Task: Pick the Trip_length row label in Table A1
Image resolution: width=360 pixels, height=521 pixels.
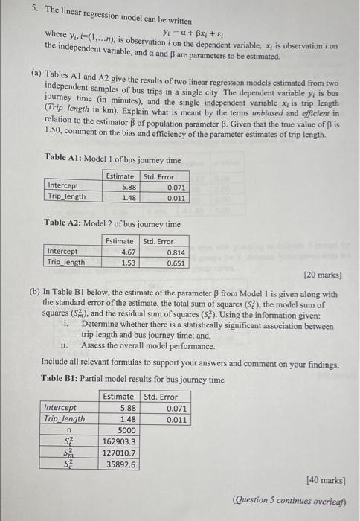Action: pyautogui.click(x=66, y=197)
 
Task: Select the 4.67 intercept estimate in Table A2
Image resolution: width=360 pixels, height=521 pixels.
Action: pyautogui.click(x=126, y=252)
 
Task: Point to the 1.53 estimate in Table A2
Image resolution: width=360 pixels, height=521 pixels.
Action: pyautogui.click(x=126, y=262)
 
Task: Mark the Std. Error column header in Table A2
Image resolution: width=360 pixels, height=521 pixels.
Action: pyautogui.click(x=158, y=240)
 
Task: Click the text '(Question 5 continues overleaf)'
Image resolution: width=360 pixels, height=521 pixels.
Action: pyautogui.click(x=289, y=499)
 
